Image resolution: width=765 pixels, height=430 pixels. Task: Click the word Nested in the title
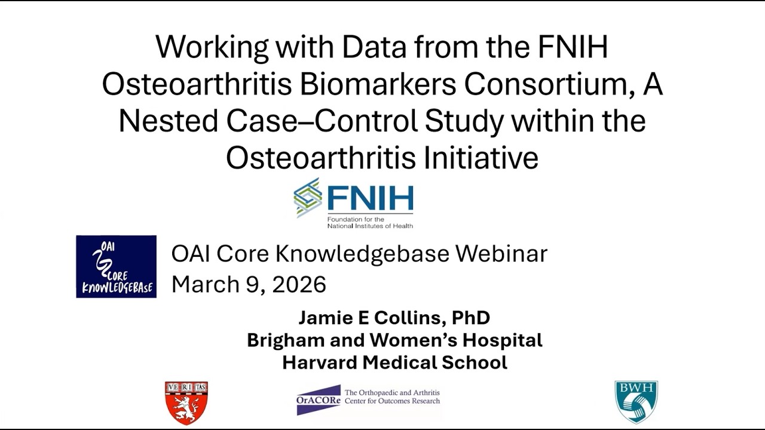(168, 121)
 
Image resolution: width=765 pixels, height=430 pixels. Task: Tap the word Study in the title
(464, 121)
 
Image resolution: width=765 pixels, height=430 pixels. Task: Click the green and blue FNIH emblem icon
(308, 198)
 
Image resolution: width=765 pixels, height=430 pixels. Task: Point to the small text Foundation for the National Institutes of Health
(369, 223)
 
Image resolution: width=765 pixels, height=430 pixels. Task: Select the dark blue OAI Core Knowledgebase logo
(117, 266)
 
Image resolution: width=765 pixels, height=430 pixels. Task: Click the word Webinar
(501, 254)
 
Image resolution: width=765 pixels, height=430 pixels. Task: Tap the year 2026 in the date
(299, 284)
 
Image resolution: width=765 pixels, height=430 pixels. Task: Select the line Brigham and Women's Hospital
(394, 340)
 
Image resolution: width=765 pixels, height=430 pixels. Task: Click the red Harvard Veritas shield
(186, 403)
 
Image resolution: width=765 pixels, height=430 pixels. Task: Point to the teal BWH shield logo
(636, 402)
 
